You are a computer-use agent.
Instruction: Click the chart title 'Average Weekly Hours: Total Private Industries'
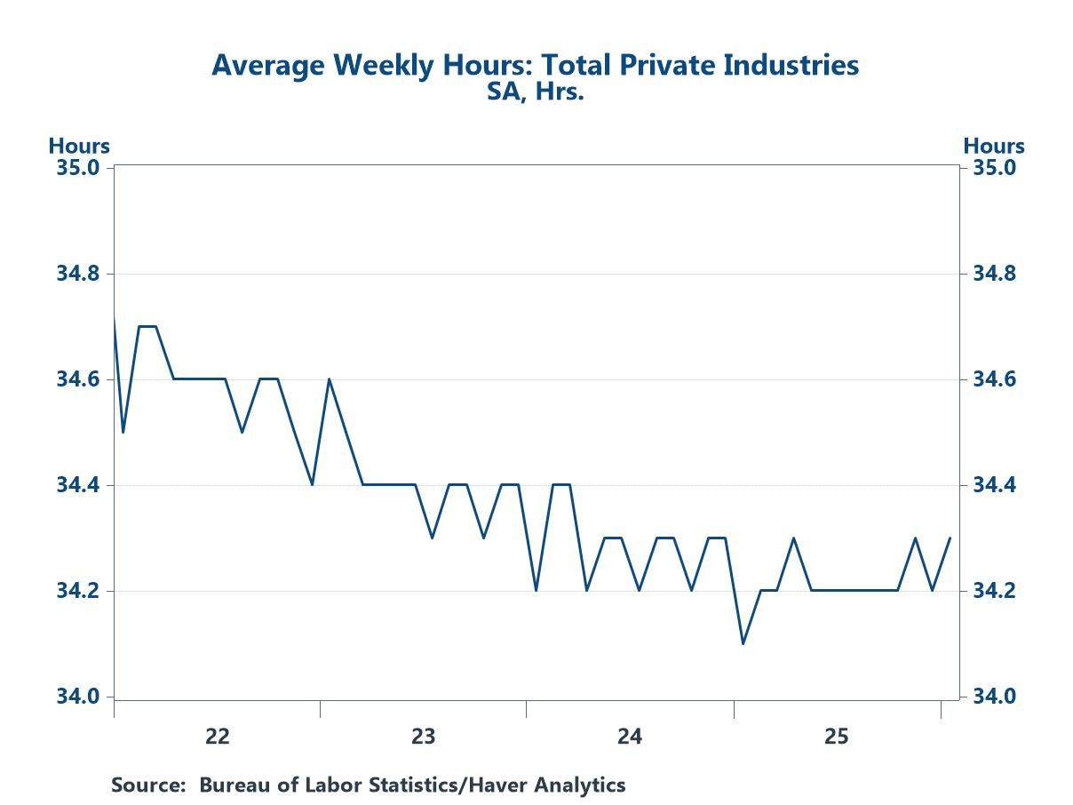(x=535, y=65)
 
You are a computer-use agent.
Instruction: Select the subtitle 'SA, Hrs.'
(x=535, y=91)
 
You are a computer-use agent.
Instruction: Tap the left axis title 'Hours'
(x=79, y=146)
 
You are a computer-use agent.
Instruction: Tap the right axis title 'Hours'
(x=994, y=146)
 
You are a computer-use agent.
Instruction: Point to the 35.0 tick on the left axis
(x=79, y=168)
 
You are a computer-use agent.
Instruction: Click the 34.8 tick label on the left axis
(x=79, y=274)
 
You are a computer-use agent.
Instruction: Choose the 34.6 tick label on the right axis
(x=994, y=379)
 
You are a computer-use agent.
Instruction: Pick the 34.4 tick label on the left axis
(x=79, y=485)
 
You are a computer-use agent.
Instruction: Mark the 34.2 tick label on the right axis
(x=994, y=591)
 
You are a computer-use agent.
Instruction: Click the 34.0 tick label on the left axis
(x=79, y=697)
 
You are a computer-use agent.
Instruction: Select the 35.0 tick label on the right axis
(x=994, y=168)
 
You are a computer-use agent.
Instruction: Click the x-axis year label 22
(x=217, y=736)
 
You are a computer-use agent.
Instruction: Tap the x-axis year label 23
(x=423, y=736)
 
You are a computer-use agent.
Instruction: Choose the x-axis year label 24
(x=630, y=736)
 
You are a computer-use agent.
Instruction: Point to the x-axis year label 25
(x=837, y=736)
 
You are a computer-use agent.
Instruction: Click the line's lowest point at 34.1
(x=743, y=643)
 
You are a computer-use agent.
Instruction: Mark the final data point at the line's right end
(x=950, y=538)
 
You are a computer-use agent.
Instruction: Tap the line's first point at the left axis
(x=115, y=316)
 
